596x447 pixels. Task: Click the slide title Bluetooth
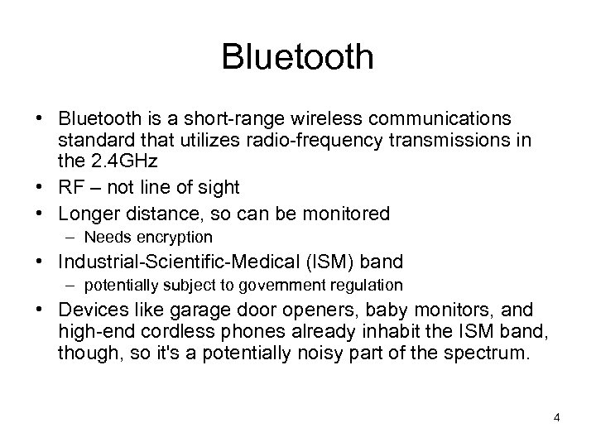tap(298, 57)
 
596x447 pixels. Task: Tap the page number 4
tap(557, 417)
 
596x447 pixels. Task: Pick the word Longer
tap(88, 214)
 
